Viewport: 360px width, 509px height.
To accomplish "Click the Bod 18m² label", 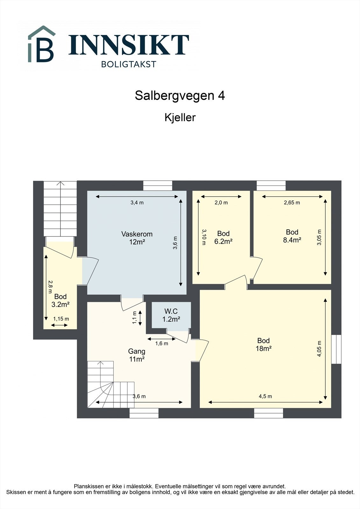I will click(x=264, y=345).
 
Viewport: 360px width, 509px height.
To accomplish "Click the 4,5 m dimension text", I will click(x=265, y=396).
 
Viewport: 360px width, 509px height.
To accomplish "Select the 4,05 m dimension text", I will click(x=319, y=349).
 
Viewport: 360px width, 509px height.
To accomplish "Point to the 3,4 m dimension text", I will click(x=137, y=203).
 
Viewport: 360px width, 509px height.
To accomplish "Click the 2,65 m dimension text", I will click(x=292, y=203).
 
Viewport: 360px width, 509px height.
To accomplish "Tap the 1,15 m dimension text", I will click(x=61, y=319).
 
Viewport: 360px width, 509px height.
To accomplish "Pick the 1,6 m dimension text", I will click(x=161, y=344).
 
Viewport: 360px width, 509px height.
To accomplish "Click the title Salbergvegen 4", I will click(x=180, y=95).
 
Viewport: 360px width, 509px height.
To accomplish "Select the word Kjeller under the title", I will click(x=180, y=117).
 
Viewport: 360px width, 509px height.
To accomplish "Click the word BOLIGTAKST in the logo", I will click(x=129, y=64).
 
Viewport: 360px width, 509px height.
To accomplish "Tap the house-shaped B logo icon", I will click(x=41, y=45).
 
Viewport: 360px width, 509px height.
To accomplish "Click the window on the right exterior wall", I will click(x=336, y=349).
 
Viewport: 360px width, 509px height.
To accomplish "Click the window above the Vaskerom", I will click(x=158, y=185).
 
